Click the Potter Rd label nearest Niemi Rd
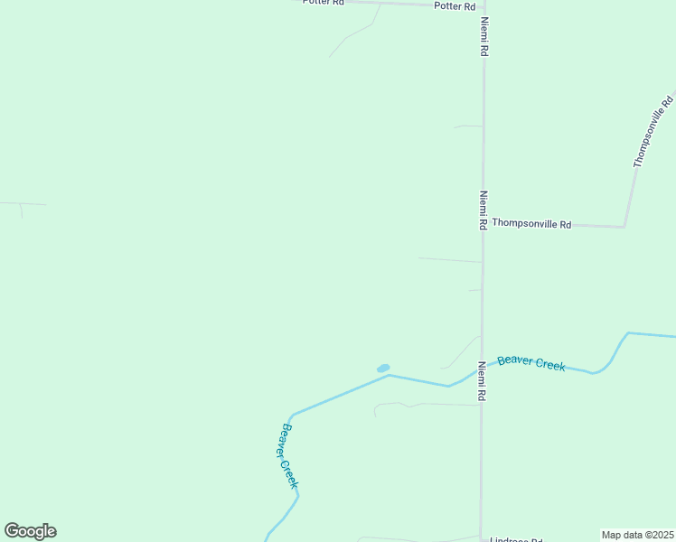[455, 6]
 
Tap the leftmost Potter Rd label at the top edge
[324, 3]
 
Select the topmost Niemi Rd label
[484, 37]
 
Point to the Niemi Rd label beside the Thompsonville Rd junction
[484, 210]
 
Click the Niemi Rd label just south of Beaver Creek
[483, 382]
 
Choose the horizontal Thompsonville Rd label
[531, 224]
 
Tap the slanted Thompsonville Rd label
[653, 132]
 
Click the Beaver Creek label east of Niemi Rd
[531, 362]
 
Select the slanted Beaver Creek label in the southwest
[288, 456]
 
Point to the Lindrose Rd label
[511, 539]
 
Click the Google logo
[30, 531]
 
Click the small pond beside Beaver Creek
[383, 369]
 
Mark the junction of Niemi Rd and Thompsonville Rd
[483, 224]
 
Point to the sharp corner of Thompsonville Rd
[624, 226]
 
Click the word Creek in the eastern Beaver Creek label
[550, 365]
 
